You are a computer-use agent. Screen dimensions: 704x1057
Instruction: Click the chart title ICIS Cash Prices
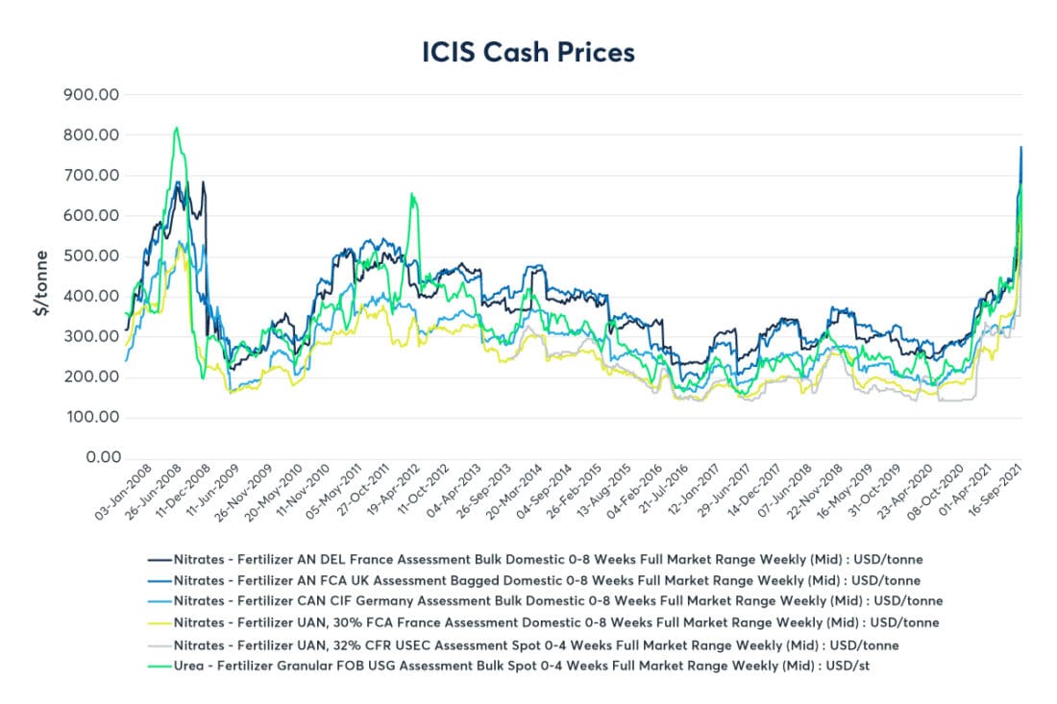point(528,52)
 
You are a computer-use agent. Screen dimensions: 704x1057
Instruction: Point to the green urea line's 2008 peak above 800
point(176,128)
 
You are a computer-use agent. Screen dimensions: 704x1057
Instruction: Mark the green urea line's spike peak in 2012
point(411,194)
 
